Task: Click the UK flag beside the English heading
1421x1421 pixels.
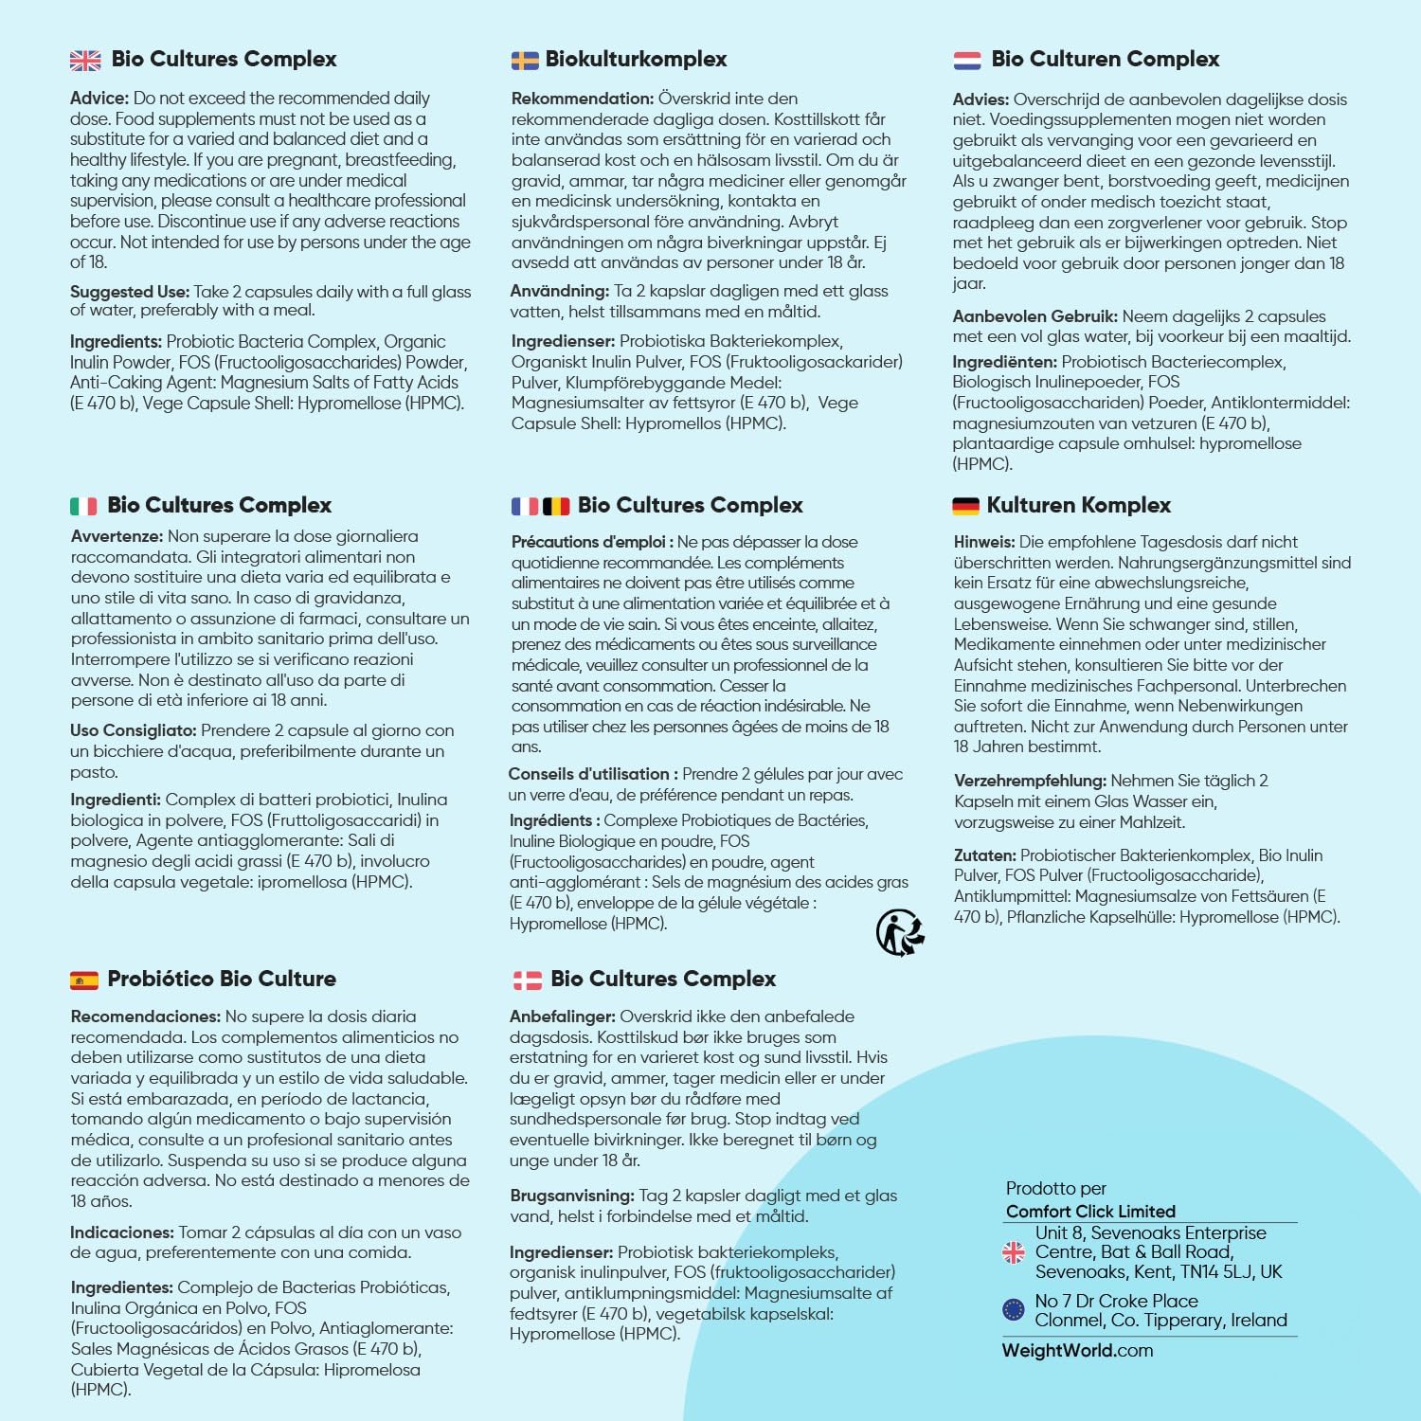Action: [x=85, y=61]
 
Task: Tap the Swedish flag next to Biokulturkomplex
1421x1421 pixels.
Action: [x=525, y=61]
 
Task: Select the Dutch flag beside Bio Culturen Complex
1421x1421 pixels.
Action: [x=967, y=61]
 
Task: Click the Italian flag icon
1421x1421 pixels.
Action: [x=83, y=507]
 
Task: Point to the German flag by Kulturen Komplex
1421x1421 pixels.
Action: [x=965, y=507]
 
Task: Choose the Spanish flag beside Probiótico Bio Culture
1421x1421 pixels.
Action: [x=84, y=980]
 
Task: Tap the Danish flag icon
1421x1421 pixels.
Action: [x=527, y=980]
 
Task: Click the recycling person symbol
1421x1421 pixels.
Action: [x=899, y=932]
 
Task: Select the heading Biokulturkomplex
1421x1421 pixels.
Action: [x=636, y=60]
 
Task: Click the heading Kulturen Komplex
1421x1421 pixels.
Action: [x=1079, y=506]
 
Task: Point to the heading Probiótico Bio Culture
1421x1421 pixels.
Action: [x=222, y=980]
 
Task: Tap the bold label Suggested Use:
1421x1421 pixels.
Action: [x=130, y=292]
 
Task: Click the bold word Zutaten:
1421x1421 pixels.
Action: [x=984, y=855]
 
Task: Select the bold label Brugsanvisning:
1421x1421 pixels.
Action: [x=572, y=1196]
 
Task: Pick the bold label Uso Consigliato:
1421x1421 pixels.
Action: [x=134, y=730]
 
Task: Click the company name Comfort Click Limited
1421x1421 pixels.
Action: [x=1090, y=1212]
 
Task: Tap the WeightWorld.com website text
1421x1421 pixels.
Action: [x=1077, y=1351]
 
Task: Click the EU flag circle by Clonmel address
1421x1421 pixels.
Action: [x=1014, y=1310]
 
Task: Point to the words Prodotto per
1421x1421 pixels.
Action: [x=1055, y=1188]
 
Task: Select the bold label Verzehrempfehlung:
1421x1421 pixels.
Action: [x=1030, y=781]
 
